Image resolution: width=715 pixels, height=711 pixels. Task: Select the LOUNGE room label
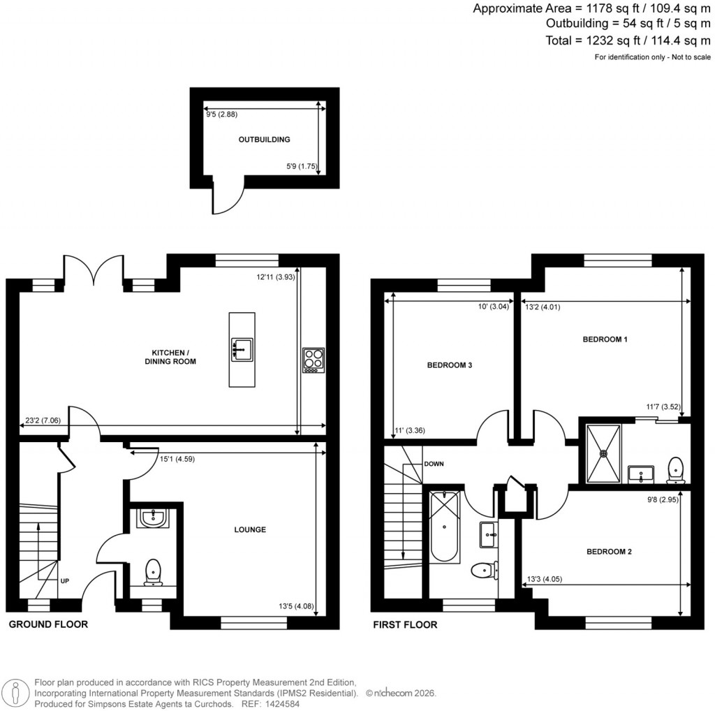250,529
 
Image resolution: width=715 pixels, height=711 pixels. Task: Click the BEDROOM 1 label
605,339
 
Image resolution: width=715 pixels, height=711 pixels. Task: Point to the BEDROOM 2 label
608,552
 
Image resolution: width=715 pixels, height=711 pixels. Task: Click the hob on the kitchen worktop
313,360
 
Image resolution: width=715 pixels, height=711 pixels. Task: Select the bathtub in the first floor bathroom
444,527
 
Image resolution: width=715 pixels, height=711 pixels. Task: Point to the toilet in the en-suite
675,470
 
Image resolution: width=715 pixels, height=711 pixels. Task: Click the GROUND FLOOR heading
48,624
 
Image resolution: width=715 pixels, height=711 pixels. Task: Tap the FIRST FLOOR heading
405,624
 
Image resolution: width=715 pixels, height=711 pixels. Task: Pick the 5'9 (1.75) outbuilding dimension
302,167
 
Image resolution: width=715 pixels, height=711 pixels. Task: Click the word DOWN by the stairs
433,464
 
